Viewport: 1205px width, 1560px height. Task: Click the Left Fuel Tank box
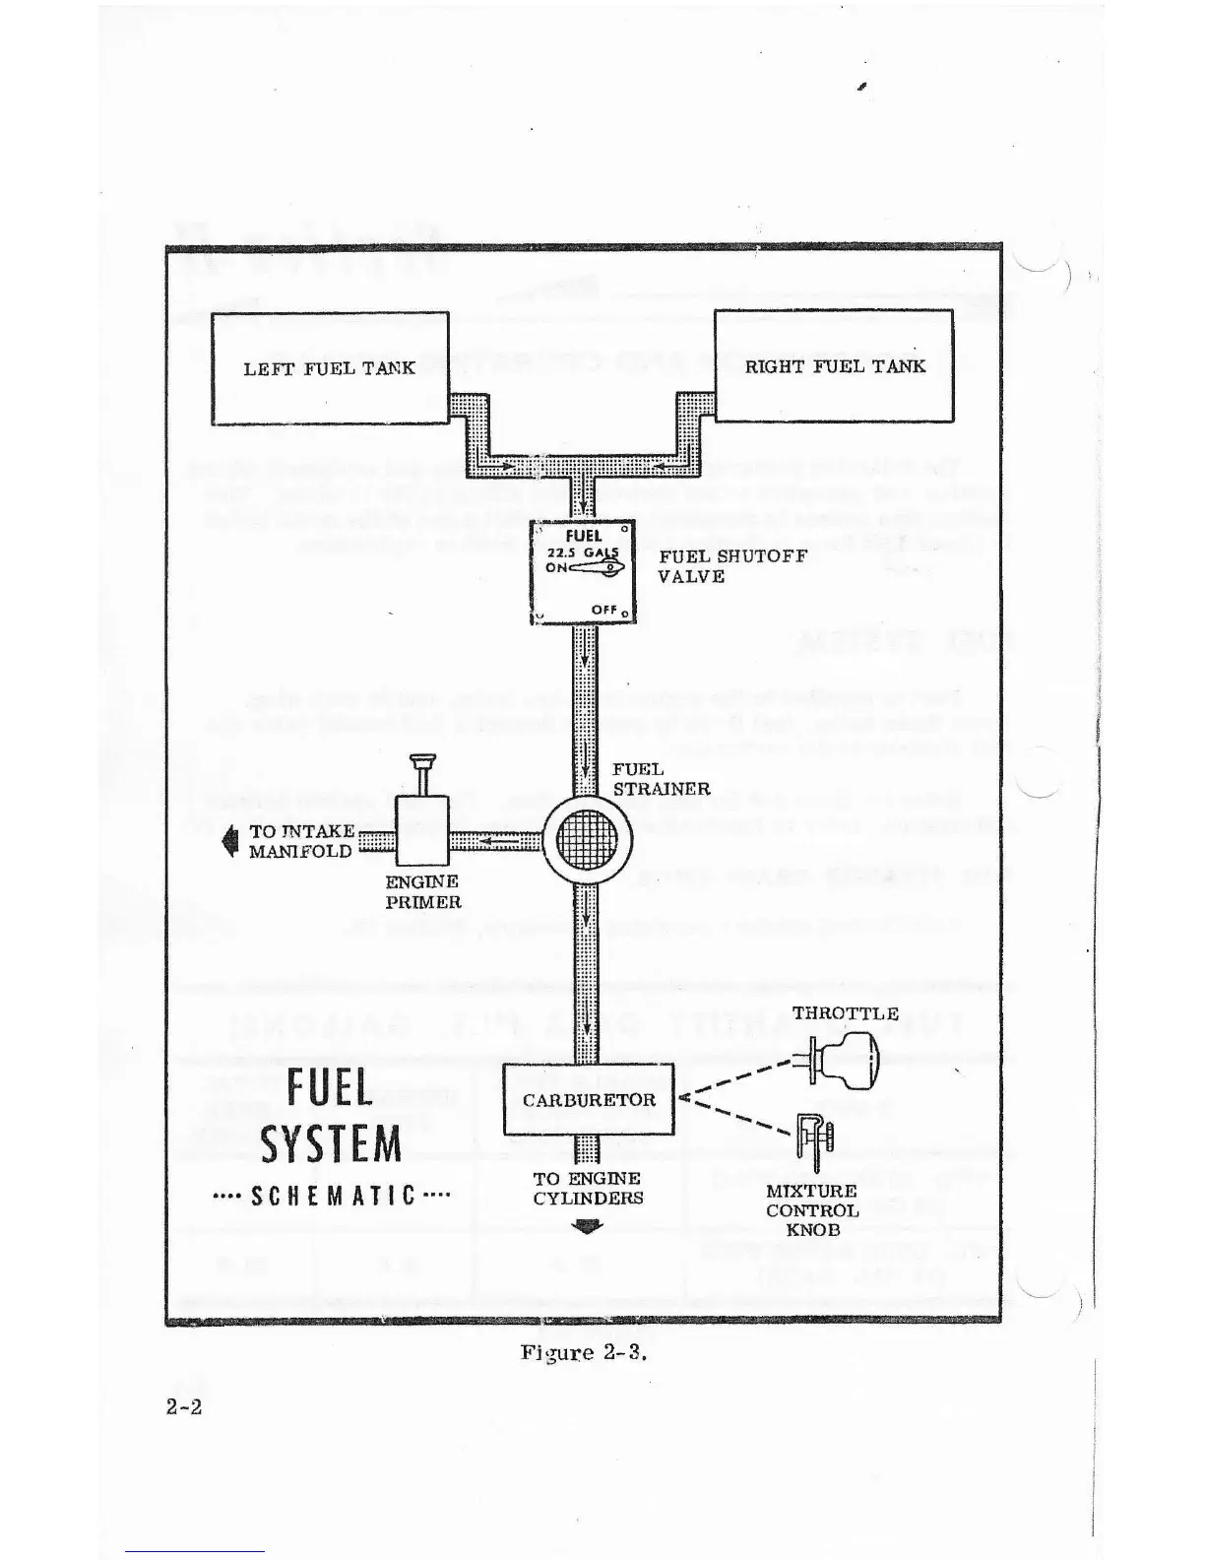pos(330,368)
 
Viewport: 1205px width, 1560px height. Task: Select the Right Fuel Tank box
pos(833,365)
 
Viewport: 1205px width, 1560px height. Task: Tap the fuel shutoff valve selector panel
pos(583,570)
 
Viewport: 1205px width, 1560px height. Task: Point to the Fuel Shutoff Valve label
pos(732,565)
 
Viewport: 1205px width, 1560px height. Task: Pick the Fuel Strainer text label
pos(661,778)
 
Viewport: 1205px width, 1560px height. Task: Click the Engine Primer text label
pos(422,891)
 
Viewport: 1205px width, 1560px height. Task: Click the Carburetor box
pos(589,1099)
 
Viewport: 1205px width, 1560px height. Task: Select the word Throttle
pos(845,1012)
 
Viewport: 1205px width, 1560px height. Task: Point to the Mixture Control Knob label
pos(812,1209)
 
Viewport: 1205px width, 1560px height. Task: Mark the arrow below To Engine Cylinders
pos(588,1226)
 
